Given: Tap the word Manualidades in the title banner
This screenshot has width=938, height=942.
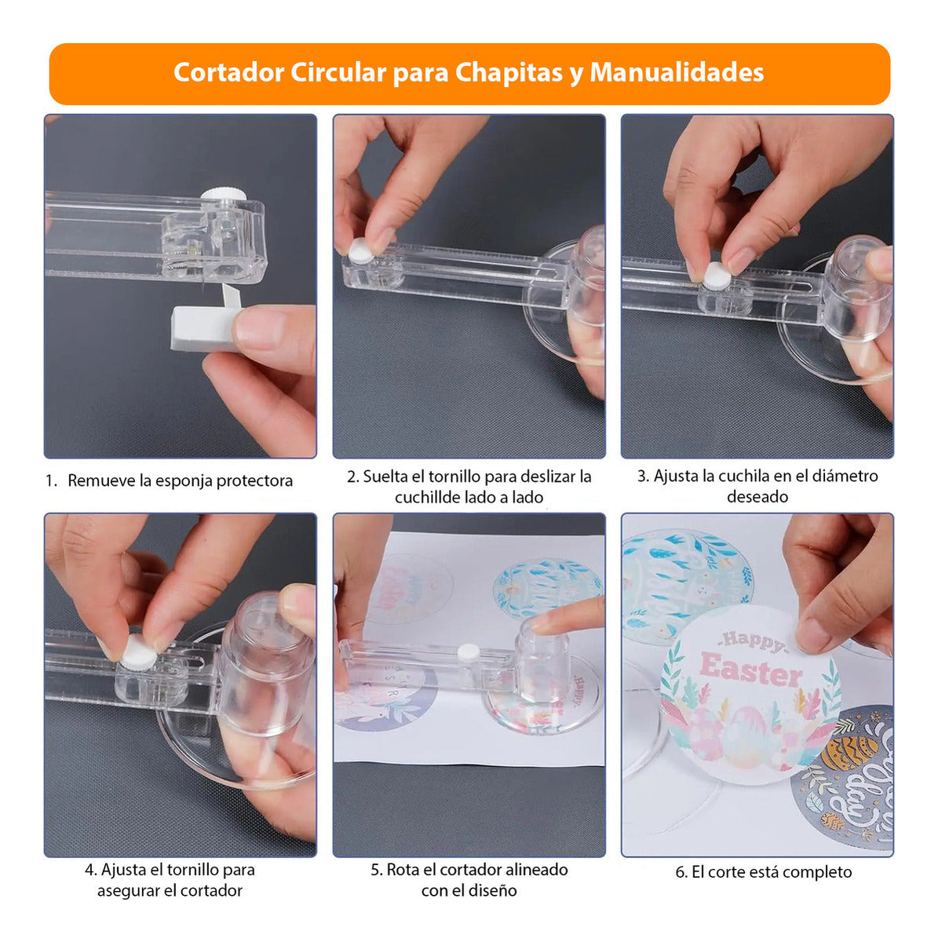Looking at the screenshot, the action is [677, 72].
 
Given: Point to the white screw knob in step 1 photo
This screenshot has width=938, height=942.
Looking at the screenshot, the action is [224, 195].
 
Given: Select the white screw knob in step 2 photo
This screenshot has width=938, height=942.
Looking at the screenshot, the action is [361, 250].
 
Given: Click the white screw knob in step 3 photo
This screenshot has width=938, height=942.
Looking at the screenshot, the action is [717, 276].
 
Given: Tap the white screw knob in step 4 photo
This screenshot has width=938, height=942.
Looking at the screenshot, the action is [139, 652].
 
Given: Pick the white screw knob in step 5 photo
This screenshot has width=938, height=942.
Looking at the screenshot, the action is [469, 651].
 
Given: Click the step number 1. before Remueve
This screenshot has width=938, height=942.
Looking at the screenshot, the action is [52, 481].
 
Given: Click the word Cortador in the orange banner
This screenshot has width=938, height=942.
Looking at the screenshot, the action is [228, 73].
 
